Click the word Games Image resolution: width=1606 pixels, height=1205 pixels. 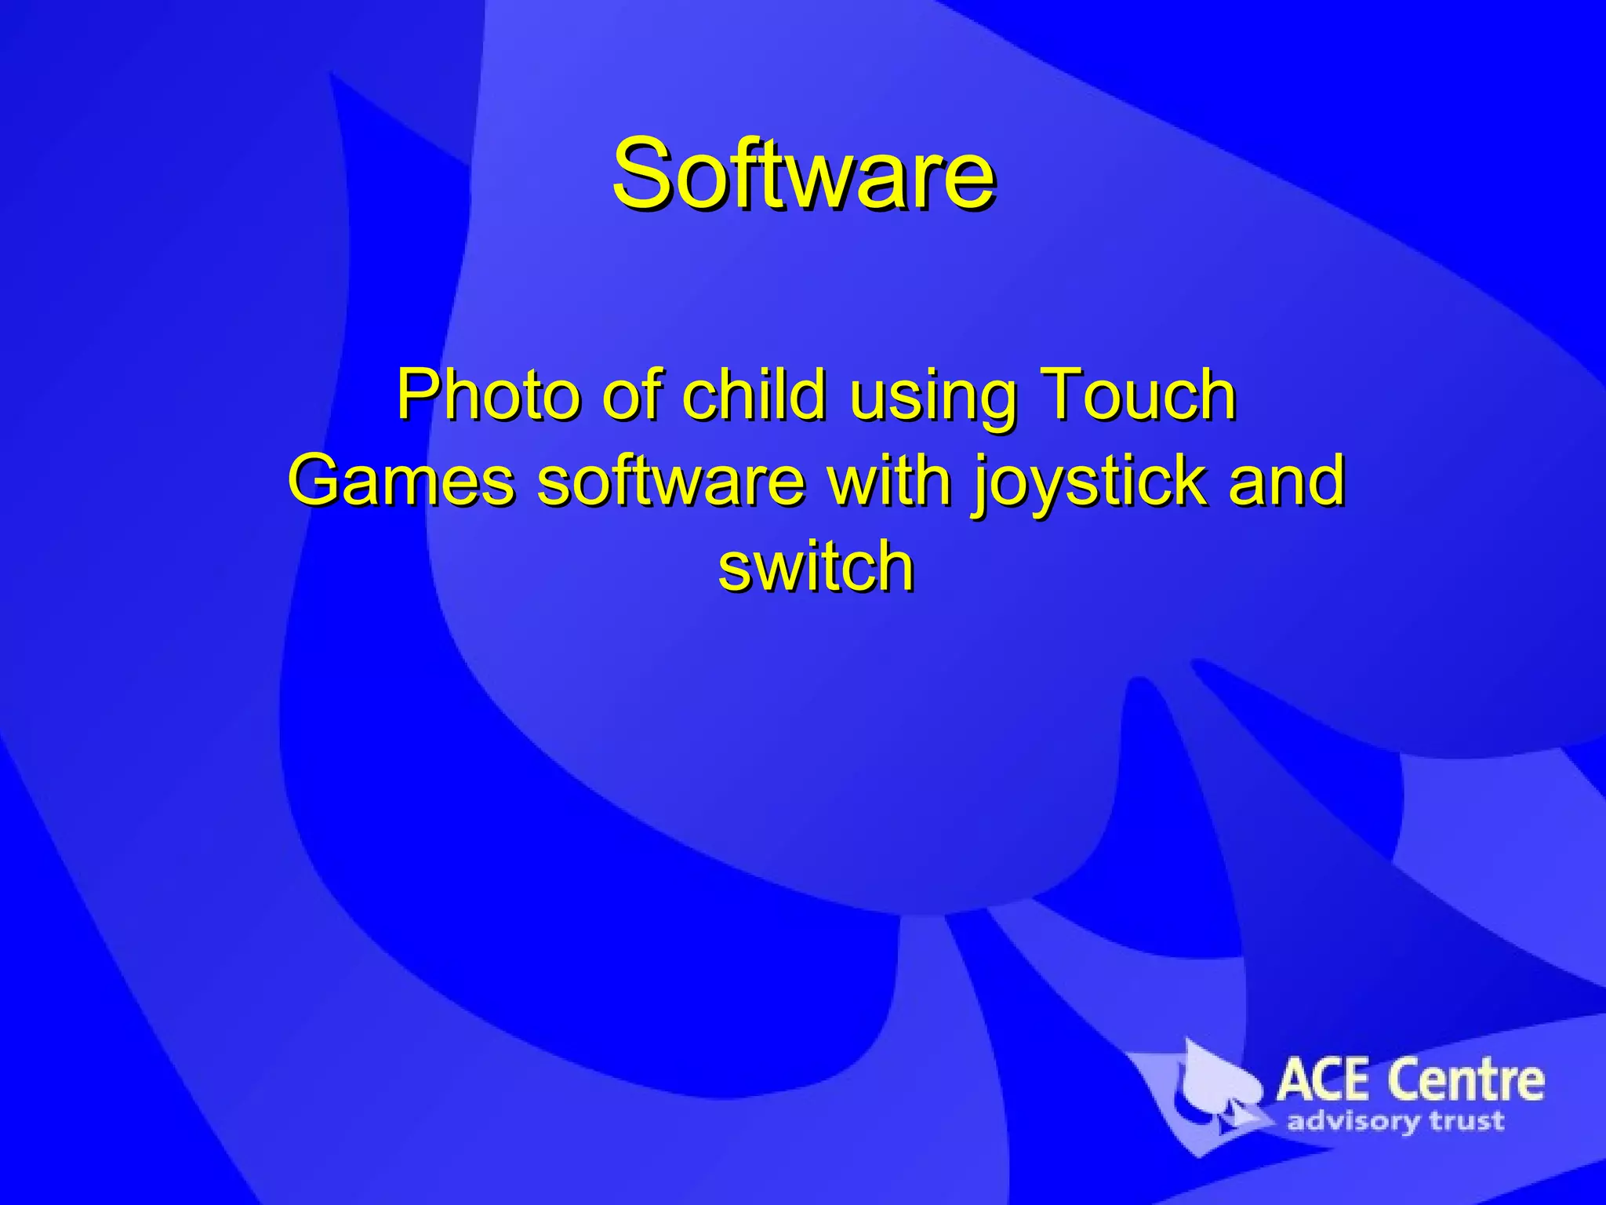tap(400, 481)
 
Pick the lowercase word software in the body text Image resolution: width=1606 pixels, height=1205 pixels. tap(670, 481)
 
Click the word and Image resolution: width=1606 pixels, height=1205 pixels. tap(1287, 481)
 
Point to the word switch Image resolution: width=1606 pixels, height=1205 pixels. tap(816, 566)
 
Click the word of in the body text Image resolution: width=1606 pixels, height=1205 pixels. tap(636, 395)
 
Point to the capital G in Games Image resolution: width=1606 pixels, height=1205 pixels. tap(317, 479)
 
